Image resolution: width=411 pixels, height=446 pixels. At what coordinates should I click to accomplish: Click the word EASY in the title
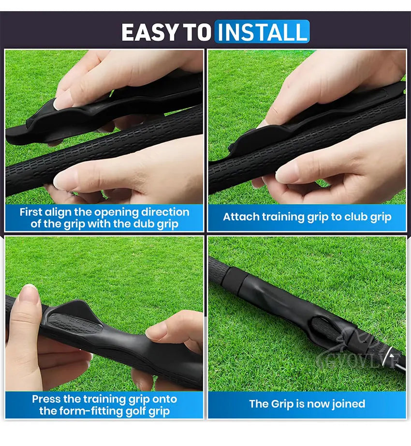pyautogui.click(x=150, y=32)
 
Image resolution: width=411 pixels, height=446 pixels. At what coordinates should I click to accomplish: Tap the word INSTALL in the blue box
pyautogui.click(x=262, y=32)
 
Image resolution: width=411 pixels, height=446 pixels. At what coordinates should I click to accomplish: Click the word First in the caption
pyautogui.click(x=31, y=212)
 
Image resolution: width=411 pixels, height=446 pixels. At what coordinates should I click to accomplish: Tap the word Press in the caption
pyautogui.click(x=47, y=400)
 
